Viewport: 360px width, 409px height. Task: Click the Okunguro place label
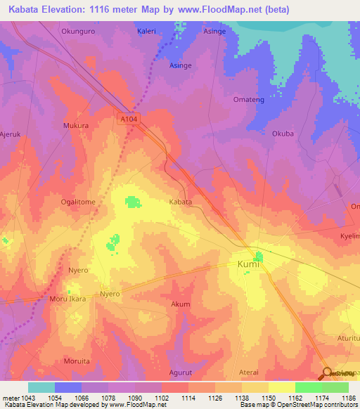pos(77,31)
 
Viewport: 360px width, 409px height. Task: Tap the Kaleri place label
pos(146,31)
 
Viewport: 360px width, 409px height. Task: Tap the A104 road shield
pos(128,120)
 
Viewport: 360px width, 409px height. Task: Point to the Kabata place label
pos(180,202)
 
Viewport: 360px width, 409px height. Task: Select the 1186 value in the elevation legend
pos(348,398)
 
